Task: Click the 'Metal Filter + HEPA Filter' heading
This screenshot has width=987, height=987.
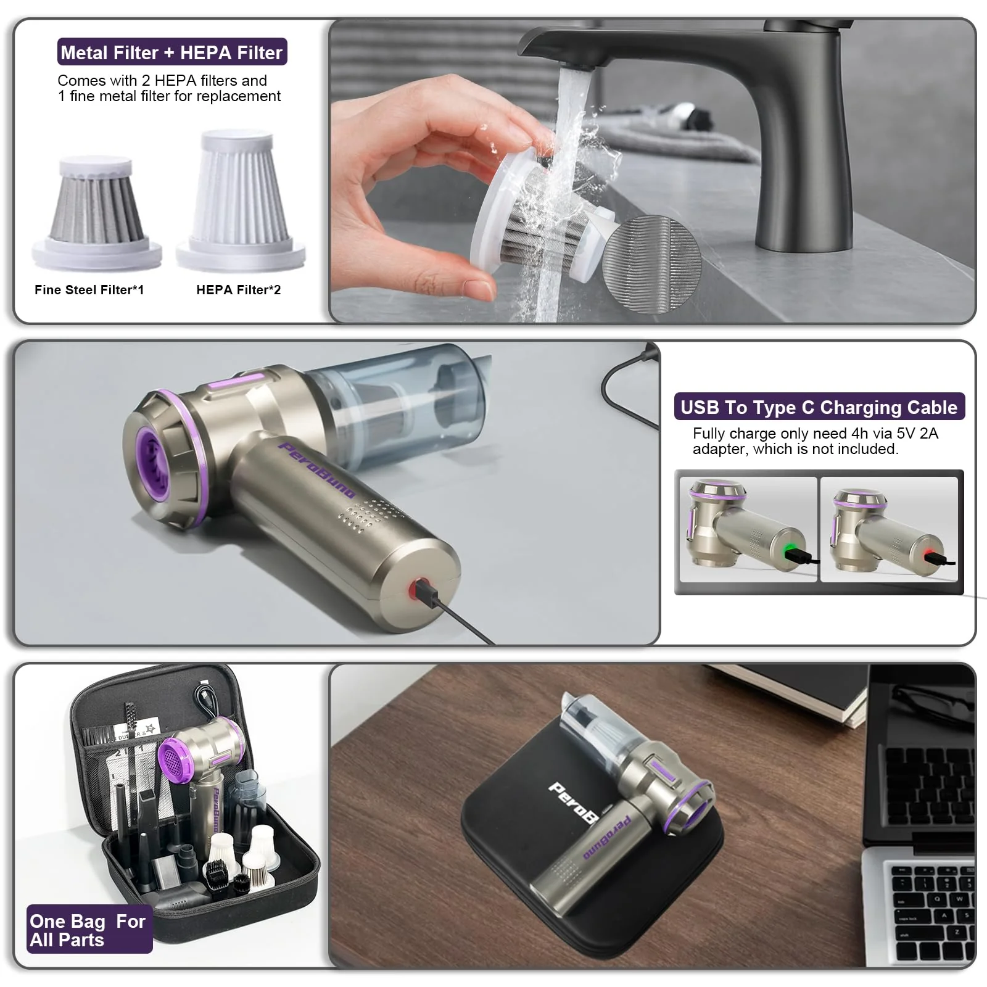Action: (x=172, y=52)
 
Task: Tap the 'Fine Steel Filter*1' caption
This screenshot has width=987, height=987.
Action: (x=89, y=290)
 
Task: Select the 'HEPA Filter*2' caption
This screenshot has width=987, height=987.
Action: (x=238, y=290)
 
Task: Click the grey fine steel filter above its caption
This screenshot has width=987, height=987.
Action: (x=97, y=213)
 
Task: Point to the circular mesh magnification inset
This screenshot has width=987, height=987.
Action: (x=652, y=265)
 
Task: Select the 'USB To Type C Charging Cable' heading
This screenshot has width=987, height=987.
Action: (x=819, y=407)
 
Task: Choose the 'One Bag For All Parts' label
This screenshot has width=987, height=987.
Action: (x=88, y=930)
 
